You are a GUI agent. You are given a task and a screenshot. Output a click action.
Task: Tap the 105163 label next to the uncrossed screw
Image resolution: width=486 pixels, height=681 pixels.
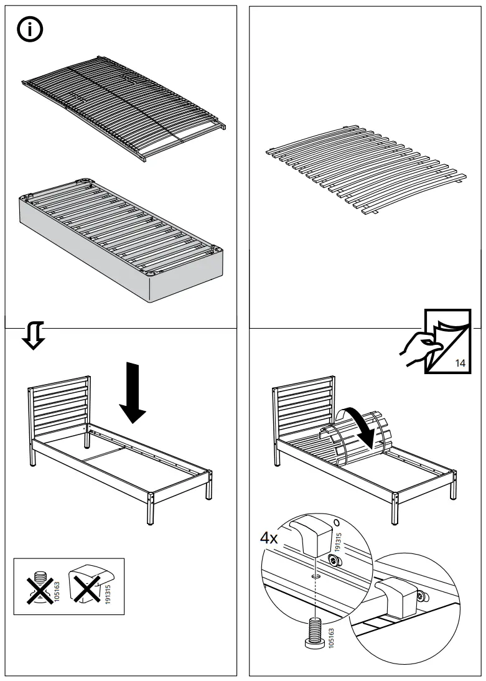point(330,639)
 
